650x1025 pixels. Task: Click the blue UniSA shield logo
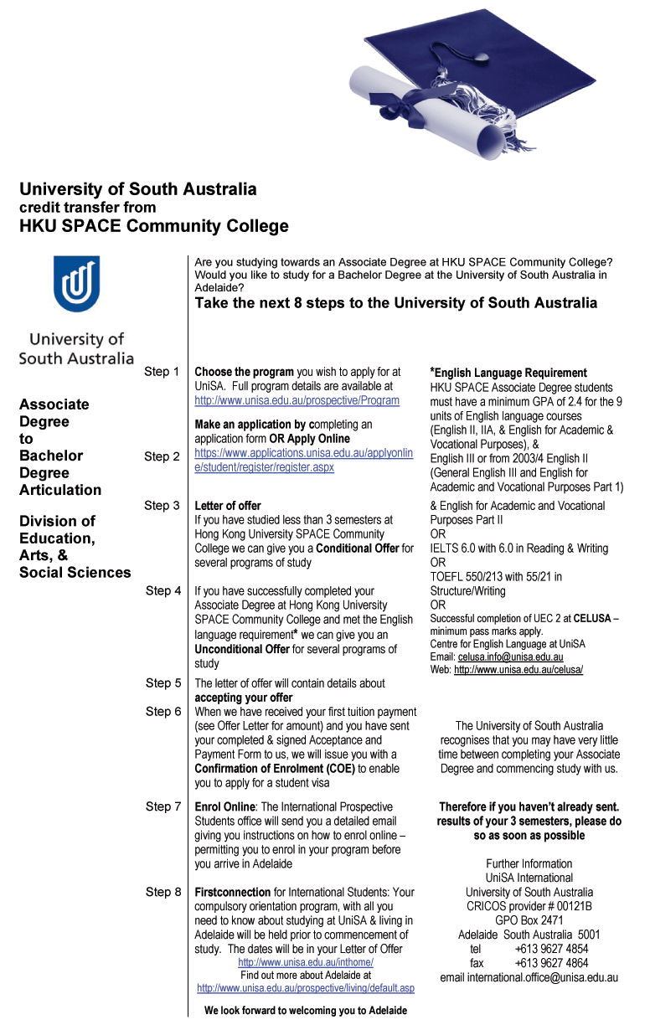[76, 284]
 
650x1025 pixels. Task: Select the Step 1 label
[162, 371]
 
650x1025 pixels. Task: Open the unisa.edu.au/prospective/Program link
[297, 400]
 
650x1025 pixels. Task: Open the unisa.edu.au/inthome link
[305, 962]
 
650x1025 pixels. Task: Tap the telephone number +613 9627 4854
[550, 949]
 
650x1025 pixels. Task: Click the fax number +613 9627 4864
[550, 963]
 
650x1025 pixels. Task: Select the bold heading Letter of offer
[227, 506]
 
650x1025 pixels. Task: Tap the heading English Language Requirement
[509, 373]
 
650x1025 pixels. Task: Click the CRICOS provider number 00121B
[529, 906]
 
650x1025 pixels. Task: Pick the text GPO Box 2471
[529, 920]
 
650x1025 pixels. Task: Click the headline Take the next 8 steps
[395, 303]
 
